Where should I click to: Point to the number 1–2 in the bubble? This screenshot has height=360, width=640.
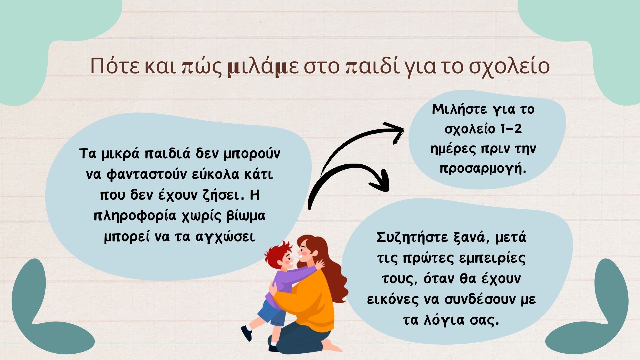(x=511, y=129)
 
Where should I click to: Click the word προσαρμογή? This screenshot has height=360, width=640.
(x=483, y=169)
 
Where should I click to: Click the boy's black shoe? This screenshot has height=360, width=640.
(x=246, y=332)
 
